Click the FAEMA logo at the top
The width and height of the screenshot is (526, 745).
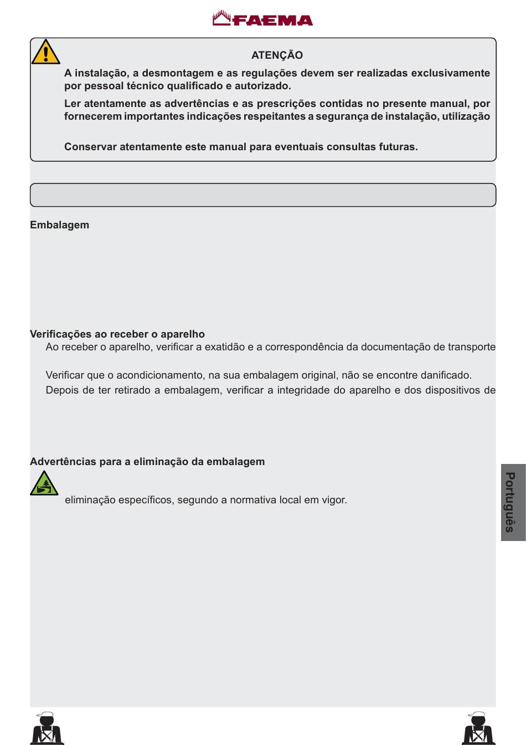click(263, 19)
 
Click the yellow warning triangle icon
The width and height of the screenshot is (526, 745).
click(45, 53)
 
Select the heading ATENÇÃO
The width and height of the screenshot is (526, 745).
click(277, 55)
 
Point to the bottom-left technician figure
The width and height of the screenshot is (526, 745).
click(47, 728)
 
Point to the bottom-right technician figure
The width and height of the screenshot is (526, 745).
click(478, 728)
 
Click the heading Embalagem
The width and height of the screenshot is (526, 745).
click(59, 225)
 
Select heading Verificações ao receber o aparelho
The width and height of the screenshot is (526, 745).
click(117, 334)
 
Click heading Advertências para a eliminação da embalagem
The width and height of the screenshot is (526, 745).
click(147, 462)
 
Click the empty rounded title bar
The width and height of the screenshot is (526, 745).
click(263, 195)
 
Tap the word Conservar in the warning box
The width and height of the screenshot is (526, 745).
click(90, 147)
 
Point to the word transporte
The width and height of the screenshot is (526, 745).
click(472, 347)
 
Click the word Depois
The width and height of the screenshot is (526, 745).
click(62, 390)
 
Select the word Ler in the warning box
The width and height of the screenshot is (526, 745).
click(72, 104)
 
